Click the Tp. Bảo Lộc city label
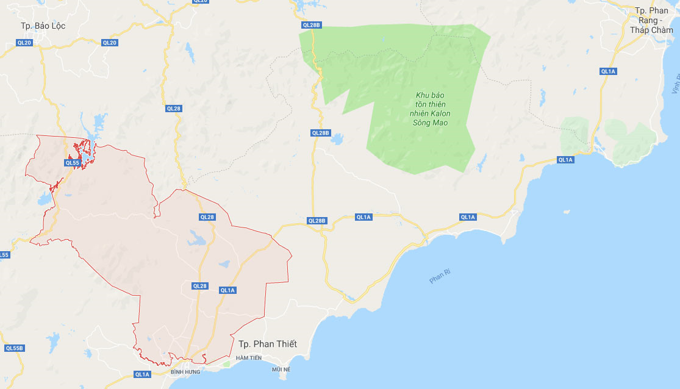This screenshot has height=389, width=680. [x=43, y=26]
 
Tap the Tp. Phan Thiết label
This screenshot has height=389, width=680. [x=268, y=344]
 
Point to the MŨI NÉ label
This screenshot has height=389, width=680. [x=281, y=369]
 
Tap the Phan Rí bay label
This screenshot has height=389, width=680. [x=439, y=278]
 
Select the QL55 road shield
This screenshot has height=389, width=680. [x=73, y=163]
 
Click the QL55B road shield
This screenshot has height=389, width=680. [x=14, y=348]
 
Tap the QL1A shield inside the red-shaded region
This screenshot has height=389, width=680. [x=227, y=290]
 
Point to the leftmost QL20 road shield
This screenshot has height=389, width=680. [x=24, y=43]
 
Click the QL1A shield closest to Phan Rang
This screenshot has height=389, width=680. [x=608, y=71]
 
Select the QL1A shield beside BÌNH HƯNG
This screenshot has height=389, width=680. [x=142, y=374]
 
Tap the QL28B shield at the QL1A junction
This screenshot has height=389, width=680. [x=317, y=221]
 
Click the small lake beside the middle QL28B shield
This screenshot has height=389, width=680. [x=337, y=140]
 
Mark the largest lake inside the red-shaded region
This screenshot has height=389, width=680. [x=197, y=238]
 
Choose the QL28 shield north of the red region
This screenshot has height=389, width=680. [x=173, y=109]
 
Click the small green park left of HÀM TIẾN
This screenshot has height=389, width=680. [x=227, y=364]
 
